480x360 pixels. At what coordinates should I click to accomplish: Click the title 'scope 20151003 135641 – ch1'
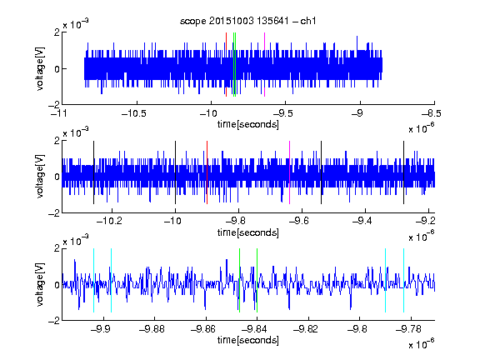(248, 21)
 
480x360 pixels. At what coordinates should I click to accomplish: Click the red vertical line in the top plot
(226, 65)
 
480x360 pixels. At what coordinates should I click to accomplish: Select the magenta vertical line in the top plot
(264, 65)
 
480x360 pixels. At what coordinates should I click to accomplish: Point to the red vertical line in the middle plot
(207, 172)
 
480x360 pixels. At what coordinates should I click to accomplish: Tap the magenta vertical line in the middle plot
(290, 172)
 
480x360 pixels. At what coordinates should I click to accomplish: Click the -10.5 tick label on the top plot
(134, 114)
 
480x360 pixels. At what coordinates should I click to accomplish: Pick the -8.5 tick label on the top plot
(431, 114)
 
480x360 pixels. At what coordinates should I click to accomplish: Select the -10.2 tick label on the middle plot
(109, 221)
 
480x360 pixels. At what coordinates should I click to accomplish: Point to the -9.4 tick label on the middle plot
(362, 221)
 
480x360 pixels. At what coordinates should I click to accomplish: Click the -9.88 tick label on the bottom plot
(152, 329)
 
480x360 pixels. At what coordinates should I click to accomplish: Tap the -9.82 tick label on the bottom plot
(306, 329)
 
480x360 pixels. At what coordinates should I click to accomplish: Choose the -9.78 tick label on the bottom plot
(408, 329)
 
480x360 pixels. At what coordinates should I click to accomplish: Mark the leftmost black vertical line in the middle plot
(93, 172)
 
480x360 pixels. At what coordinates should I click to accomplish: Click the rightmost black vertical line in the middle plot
(403, 172)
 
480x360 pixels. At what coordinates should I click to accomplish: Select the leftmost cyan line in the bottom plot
(93, 280)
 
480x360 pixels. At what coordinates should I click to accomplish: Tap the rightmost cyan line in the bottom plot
(403, 280)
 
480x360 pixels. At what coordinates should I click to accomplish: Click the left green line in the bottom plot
(239, 280)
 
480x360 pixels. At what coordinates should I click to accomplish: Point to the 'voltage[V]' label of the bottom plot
(40, 284)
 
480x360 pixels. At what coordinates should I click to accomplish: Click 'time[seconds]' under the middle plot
(248, 232)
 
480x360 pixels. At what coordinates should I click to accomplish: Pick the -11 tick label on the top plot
(59, 114)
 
